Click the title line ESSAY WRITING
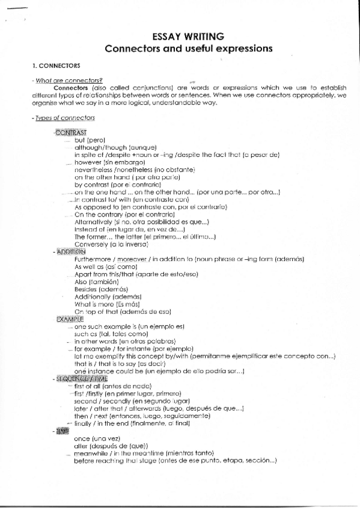coord(188,36)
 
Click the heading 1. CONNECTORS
coord(56,65)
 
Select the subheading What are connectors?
coord(69,81)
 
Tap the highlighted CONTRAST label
coord(71,132)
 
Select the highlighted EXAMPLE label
coord(70,319)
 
